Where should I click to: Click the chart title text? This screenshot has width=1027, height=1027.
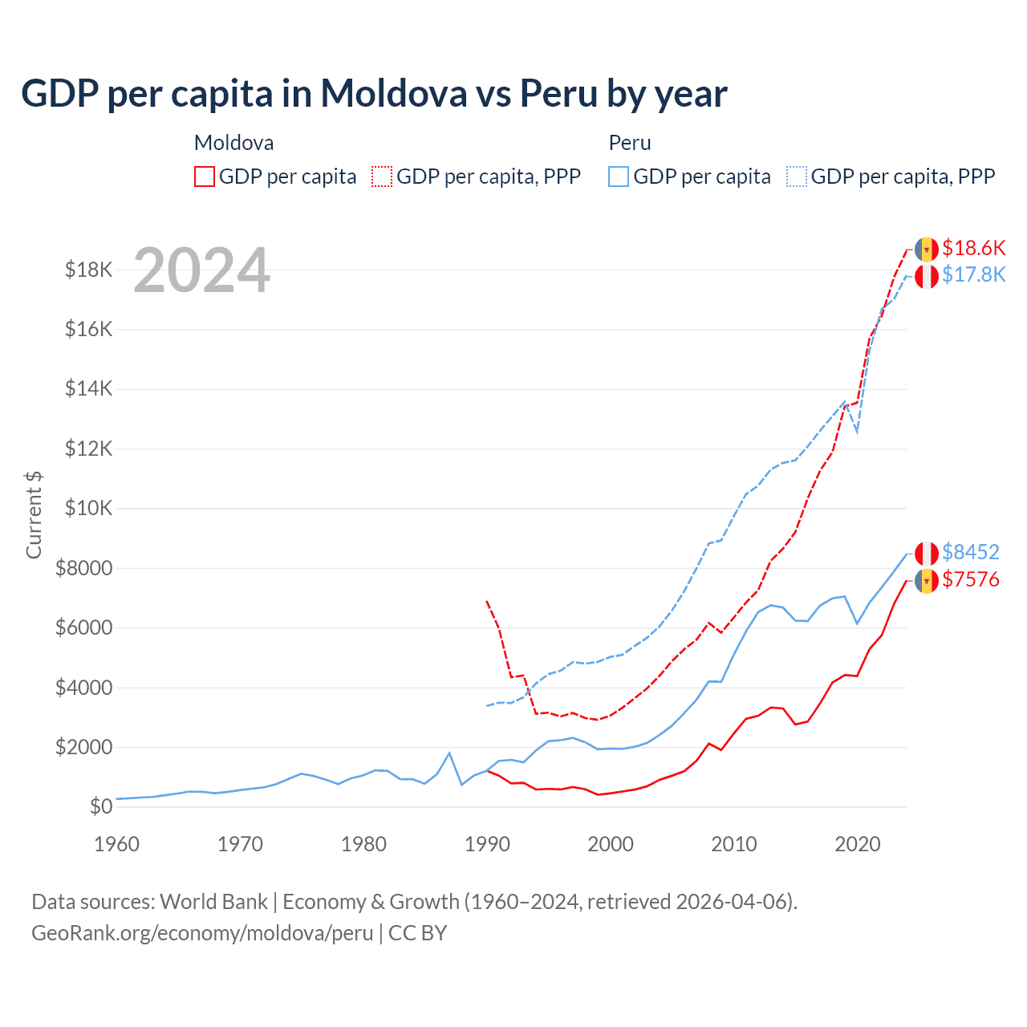pos(374,94)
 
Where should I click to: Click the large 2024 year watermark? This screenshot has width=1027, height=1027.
pos(201,270)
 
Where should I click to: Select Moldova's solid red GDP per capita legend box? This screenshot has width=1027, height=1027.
pos(205,177)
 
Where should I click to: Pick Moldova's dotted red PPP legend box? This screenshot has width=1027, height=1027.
pos(383,177)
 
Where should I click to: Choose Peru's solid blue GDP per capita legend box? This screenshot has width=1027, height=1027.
pos(619,177)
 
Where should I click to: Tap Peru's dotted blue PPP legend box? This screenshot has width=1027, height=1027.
pos(797,177)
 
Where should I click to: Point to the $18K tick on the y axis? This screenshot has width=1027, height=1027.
pos(89,270)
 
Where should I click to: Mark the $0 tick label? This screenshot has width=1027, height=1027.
pos(100,807)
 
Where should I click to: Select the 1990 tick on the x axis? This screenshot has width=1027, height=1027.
pos(487,844)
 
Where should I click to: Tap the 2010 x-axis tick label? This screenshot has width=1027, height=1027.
pos(734,844)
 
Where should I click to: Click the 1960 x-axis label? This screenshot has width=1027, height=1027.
pos(117,844)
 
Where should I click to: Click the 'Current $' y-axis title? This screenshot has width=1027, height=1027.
pos(34,514)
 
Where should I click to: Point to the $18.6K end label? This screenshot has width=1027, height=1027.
pos(973,248)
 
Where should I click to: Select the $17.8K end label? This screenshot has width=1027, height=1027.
pos(973,275)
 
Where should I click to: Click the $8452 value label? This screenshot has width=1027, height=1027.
pos(970,552)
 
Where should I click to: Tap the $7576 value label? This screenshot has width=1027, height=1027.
pos(970,579)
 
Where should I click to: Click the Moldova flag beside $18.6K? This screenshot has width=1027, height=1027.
pos(927,249)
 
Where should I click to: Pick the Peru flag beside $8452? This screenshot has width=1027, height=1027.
pos(927,553)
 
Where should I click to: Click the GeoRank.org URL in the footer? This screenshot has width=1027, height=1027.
pos(202,933)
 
